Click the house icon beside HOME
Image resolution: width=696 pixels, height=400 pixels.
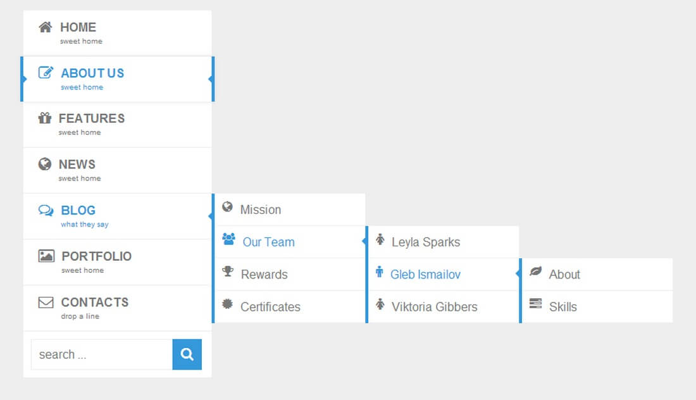pos(46,27)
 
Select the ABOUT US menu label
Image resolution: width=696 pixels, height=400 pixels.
pos(92,73)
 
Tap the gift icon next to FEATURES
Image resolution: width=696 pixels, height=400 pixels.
pos(45,118)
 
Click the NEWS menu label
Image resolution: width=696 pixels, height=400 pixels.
pos(77,165)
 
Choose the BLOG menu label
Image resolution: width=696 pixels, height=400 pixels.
pos(78,210)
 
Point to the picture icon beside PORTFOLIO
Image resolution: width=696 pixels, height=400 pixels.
pos(46,256)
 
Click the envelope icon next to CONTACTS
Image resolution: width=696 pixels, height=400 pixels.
pos(46,303)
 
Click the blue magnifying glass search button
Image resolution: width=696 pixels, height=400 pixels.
pos(187,354)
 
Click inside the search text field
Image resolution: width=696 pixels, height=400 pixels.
pos(102,354)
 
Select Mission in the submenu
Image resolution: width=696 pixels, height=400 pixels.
pos(261,209)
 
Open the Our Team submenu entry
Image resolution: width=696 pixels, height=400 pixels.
pos(268,242)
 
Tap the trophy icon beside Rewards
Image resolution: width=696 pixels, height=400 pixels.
pos(228,271)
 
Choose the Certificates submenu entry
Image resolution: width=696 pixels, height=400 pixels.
pos(270,307)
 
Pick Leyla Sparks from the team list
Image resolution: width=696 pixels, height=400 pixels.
pos(426,242)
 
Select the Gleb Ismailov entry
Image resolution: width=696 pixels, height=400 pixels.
pos(425,274)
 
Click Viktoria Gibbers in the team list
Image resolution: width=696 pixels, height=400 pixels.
pos(434,307)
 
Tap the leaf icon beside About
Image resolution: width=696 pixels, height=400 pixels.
pos(536,271)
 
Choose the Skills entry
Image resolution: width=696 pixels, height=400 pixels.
pos(563,307)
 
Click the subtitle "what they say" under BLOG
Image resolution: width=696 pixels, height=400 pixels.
pos(84,225)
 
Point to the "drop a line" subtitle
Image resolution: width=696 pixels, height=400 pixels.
pos(80,316)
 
